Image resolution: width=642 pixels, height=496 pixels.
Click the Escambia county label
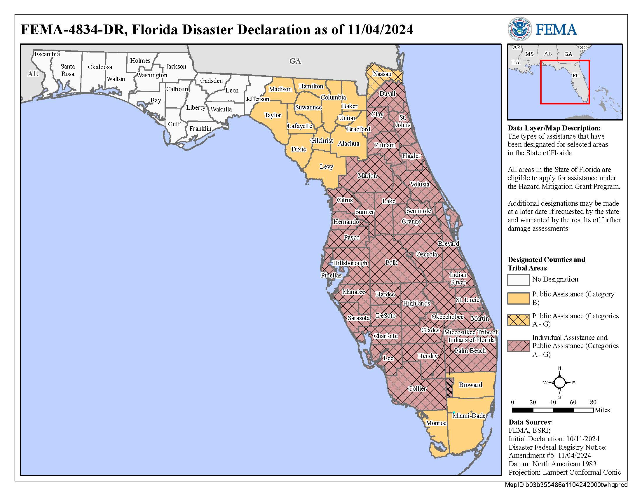pos(47,54)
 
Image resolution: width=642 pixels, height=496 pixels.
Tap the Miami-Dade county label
pos(469,415)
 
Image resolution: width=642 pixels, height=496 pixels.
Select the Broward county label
pos(470,385)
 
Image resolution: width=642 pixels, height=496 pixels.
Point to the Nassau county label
pos(382,74)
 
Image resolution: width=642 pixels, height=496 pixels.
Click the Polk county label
pos(391,262)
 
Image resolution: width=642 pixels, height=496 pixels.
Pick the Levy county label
pos(326,167)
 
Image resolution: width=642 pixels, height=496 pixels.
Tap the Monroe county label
pos(436,423)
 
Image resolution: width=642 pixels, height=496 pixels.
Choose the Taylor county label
pos(273,115)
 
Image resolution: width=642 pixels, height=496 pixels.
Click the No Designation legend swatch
pos(518,280)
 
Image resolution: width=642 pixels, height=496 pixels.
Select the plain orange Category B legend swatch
pos(518,298)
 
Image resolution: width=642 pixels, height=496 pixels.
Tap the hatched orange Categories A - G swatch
pos(518,320)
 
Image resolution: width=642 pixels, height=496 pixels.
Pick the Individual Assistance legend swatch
pos(518,346)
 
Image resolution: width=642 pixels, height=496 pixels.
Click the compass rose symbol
pos(559,383)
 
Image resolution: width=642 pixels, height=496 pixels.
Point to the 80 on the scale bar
pos(593,402)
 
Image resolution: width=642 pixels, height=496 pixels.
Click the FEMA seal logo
pos(519,29)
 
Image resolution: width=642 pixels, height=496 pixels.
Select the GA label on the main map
pos(295,61)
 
